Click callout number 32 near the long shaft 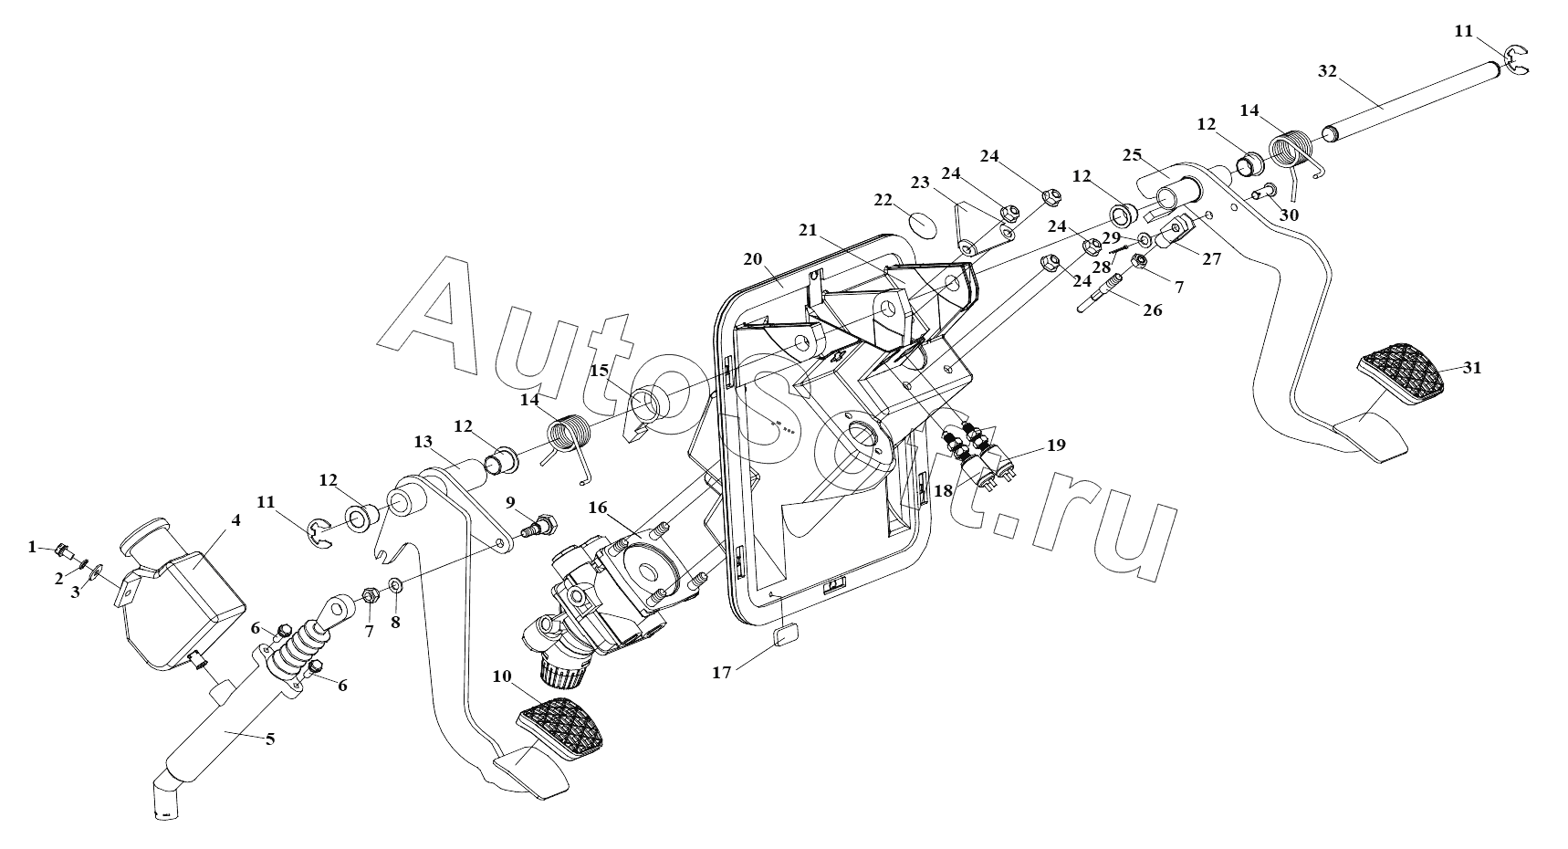click(x=1328, y=70)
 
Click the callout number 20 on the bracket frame click(x=752, y=259)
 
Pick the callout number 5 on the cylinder click(x=269, y=739)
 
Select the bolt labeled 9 click(x=538, y=527)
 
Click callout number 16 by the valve click(x=598, y=508)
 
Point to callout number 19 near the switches click(x=1056, y=445)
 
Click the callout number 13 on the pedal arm click(x=423, y=442)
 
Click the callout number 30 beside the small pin click(x=1289, y=215)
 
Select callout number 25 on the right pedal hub click(x=1132, y=155)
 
